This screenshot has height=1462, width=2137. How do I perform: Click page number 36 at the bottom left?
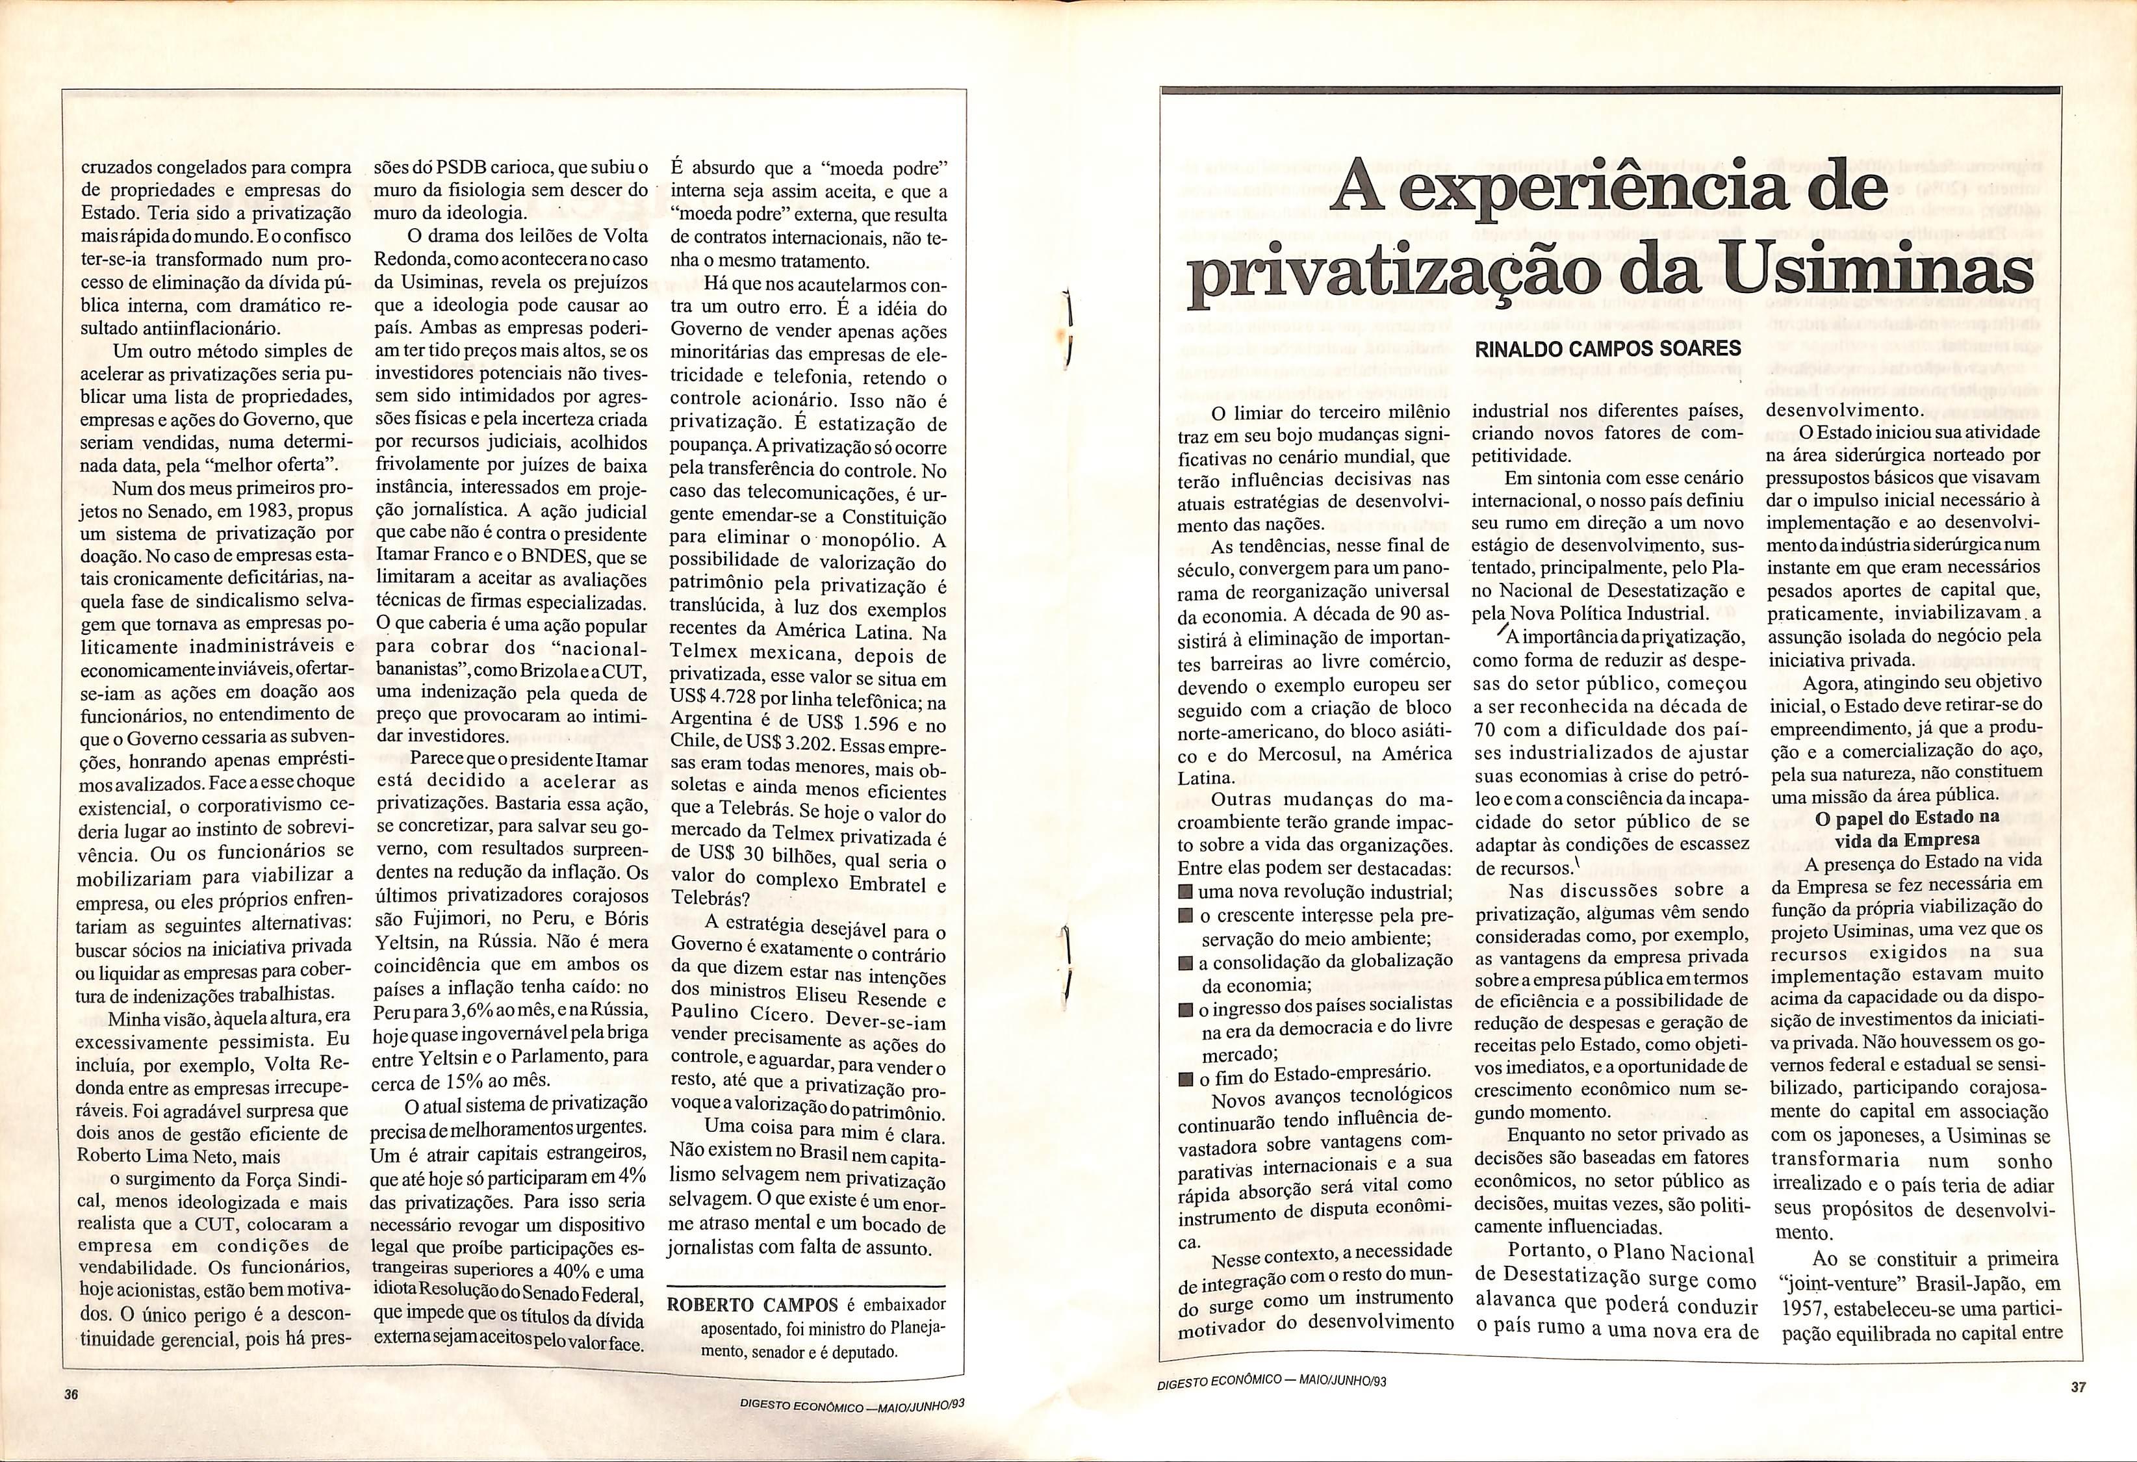click(71, 1394)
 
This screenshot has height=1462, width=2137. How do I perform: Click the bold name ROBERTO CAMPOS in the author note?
click(752, 1305)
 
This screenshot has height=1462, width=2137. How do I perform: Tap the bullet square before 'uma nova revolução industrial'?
click(1187, 893)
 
